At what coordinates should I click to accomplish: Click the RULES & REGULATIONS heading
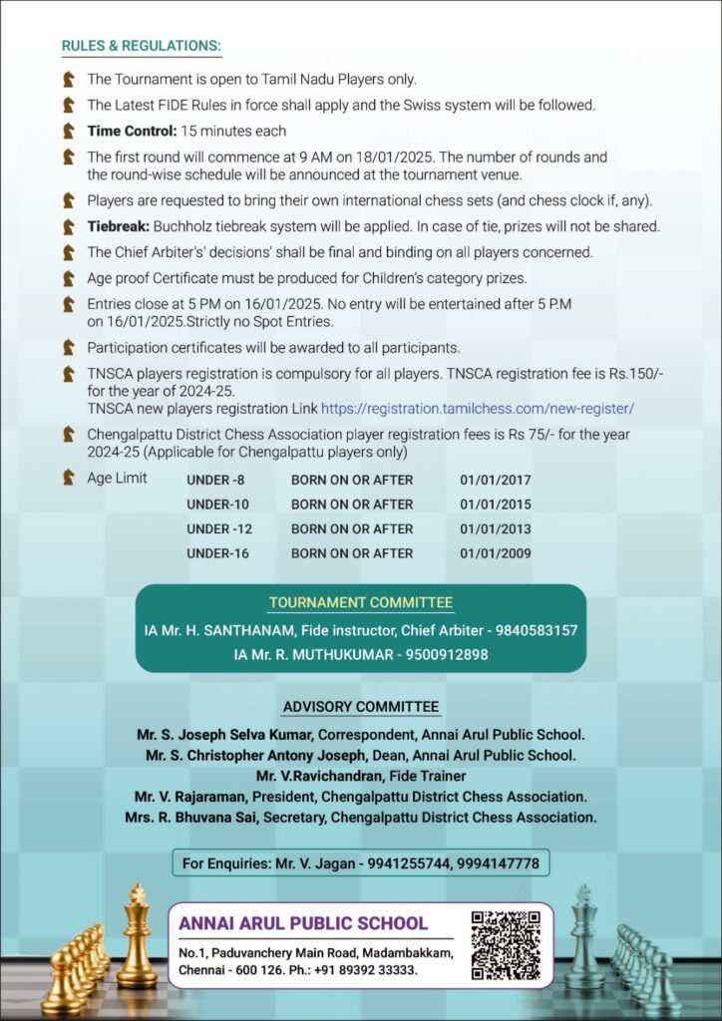point(142,47)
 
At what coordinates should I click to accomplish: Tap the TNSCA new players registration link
point(478,409)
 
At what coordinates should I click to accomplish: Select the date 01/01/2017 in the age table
point(496,480)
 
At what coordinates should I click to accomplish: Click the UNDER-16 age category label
point(217,553)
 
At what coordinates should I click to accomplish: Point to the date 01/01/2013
point(496,529)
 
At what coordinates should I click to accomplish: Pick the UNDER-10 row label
point(217,505)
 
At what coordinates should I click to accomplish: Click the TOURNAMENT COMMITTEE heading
point(361,602)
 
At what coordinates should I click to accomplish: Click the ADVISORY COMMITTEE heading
point(361,707)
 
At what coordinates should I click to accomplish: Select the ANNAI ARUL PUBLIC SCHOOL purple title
point(303,923)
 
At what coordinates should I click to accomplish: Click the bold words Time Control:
point(132,131)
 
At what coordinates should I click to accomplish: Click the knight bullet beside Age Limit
point(69,478)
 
